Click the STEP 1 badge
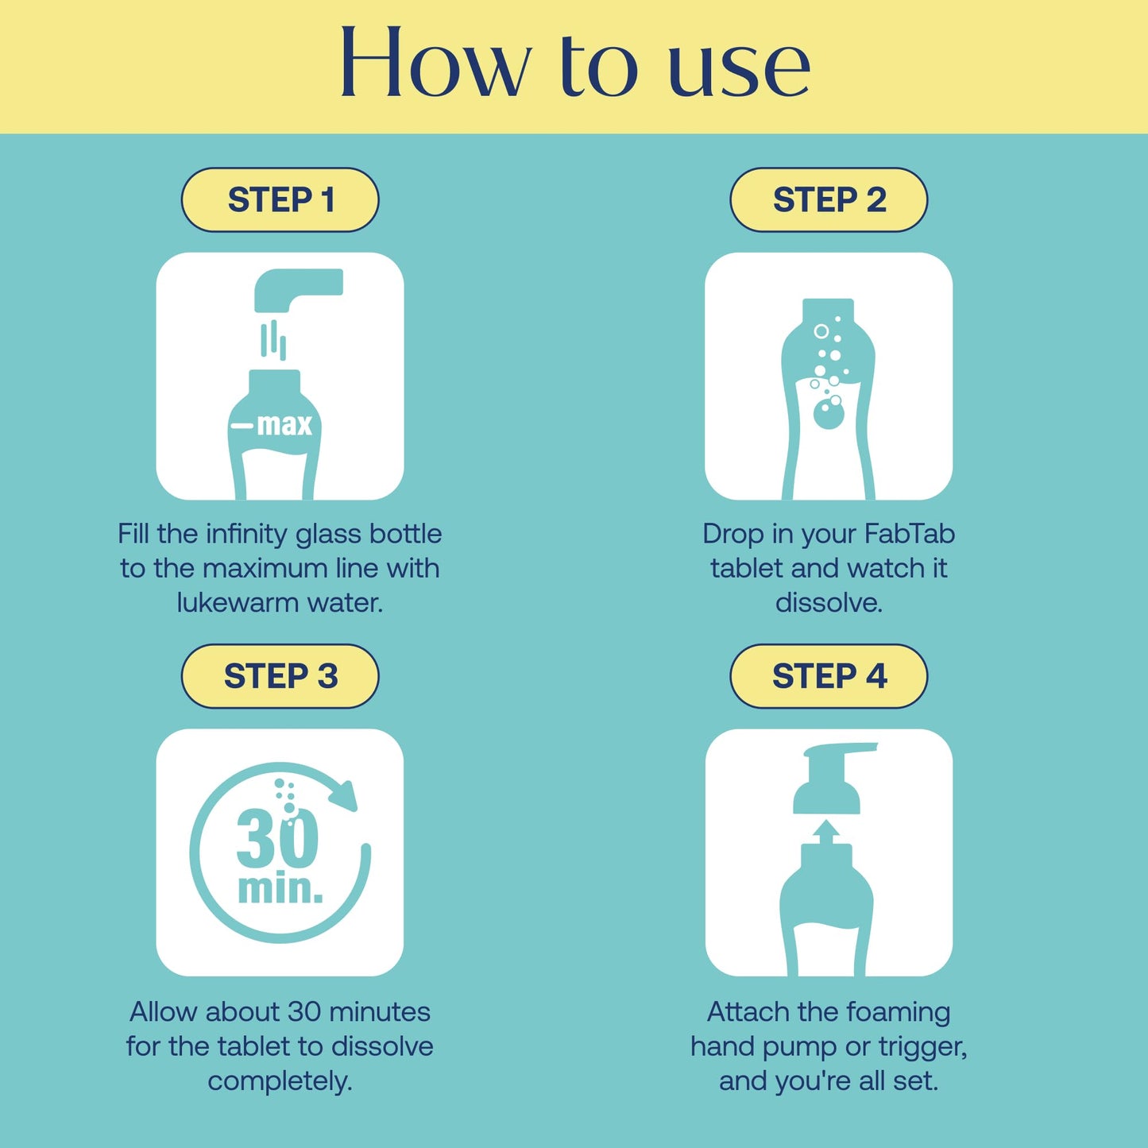coord(280,199)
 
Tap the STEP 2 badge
coord(829,199)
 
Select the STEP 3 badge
coord(280,676)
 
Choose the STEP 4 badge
coord(829,676)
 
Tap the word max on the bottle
coord(284,424)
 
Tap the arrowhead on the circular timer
coord(345,795)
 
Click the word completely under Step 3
coord(280,1081)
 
